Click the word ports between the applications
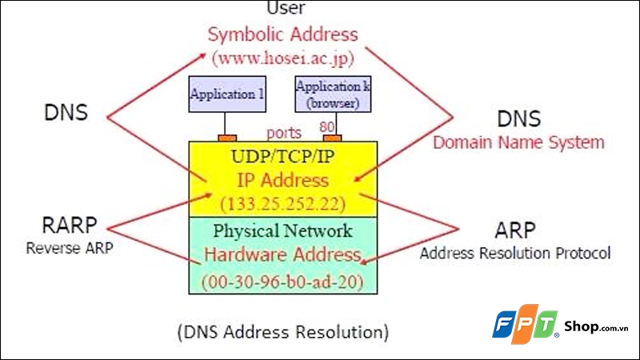click(x=284, y=132)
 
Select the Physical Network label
click(x=282, y=231)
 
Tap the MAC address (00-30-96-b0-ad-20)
click(x=282, y=281)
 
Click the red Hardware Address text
click(x=282, y=255)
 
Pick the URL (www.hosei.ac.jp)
click(x=283, y=57)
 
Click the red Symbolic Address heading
click(x=283, y=34)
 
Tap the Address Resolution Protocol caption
click(x=515, y=254)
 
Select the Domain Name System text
click(x=518, y=143)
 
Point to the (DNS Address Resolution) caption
click(x=283, y=330)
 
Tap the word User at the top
click(x=283, y=8)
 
